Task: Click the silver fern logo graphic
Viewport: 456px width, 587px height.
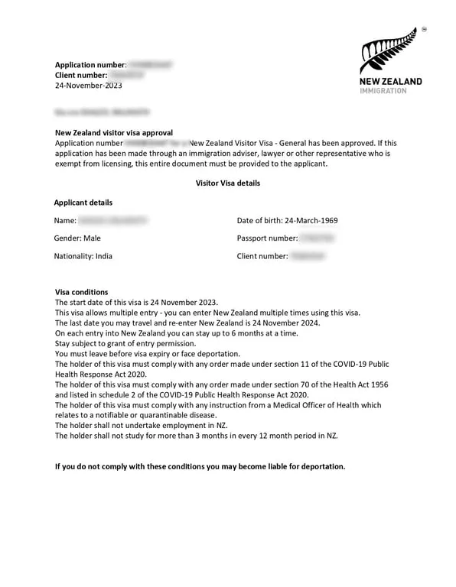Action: click(x=389, y=50)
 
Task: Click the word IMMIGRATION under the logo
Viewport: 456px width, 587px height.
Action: click(x=390, y=90)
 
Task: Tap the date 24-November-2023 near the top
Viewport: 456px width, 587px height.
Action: click(x=88, y=86)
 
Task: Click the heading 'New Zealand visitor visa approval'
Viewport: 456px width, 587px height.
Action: click(x=114, y=132)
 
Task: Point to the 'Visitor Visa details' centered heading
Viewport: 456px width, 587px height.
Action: click(x=228, y=183)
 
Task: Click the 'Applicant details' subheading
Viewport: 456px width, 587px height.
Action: click(x=83, y=203)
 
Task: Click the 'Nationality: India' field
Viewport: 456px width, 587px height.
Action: click(x=83, y=256)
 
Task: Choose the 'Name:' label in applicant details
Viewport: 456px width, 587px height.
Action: click(x=65, y=221)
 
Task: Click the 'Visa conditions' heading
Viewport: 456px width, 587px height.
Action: click(x=82, y=292)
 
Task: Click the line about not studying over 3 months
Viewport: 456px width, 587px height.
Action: click(x=197, y=436)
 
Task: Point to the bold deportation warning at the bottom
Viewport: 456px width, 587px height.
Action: click(x=200, y=466)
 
